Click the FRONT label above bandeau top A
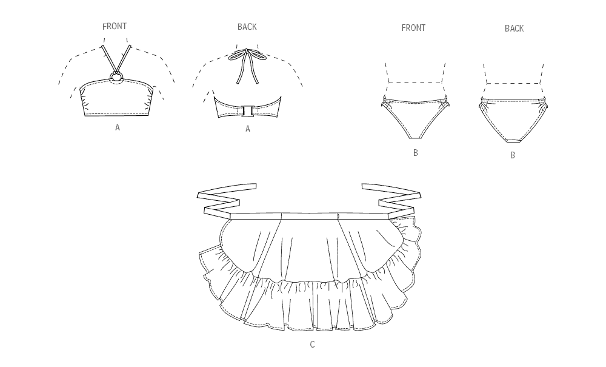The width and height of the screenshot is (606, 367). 115,26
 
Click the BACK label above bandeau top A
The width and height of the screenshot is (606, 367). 247,27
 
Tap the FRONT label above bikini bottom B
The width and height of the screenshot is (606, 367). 413,28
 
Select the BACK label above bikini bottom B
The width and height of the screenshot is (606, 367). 514,29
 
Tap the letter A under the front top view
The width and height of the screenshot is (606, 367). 118,127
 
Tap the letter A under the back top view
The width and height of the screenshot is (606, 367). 248,129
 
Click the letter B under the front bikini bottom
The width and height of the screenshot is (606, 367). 416,153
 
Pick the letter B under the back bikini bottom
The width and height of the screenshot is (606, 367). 513,155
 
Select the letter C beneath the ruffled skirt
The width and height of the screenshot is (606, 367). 312,344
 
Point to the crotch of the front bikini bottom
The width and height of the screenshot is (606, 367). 415,136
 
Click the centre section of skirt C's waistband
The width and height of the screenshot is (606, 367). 310,215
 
